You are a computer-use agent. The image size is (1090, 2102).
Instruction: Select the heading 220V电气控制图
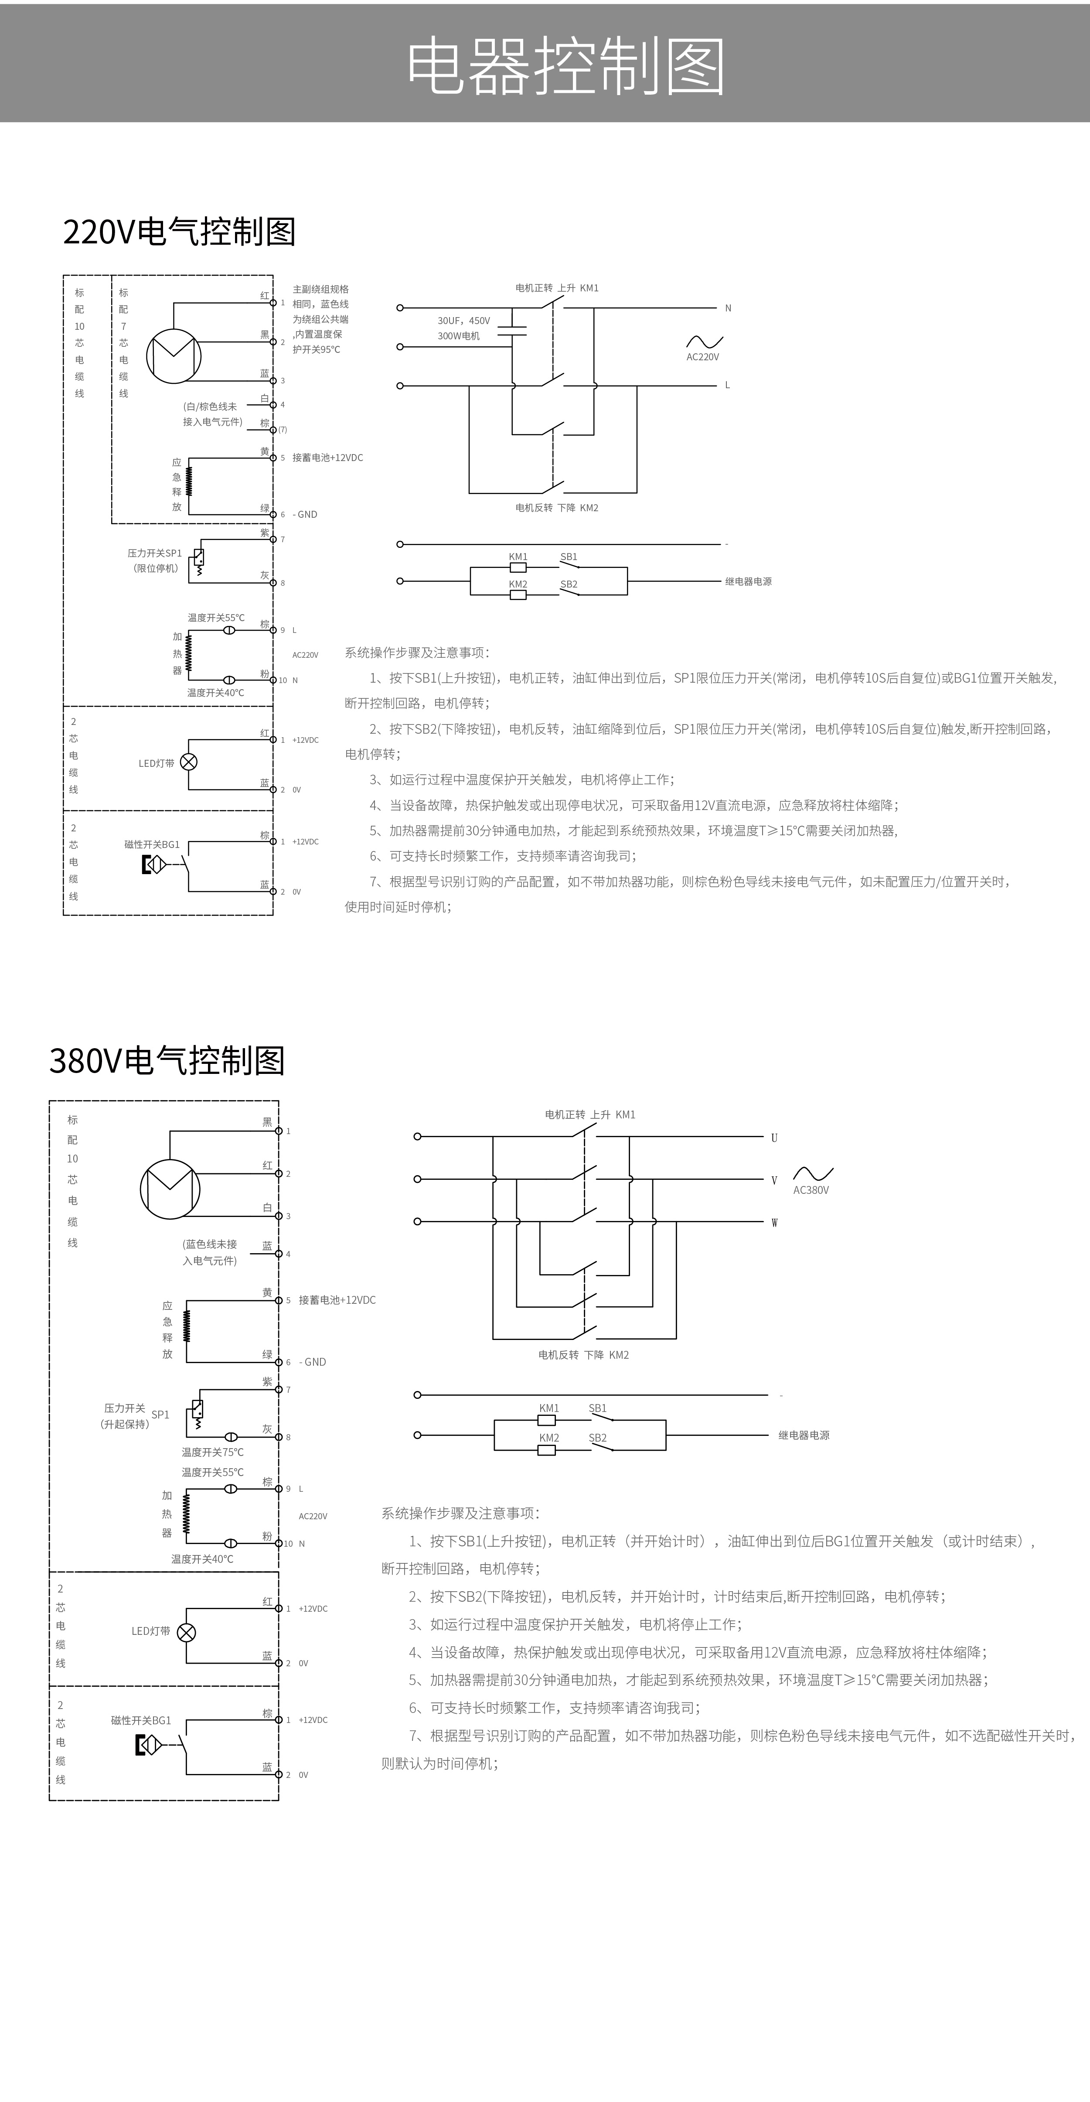pyautogui.click(x=179, y=232)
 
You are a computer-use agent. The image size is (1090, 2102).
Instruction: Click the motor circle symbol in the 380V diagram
pyautogui.click(x=170, y=1189)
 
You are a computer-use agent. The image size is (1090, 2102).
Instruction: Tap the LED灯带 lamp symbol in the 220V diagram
pyautogui.click(x=188, y=762)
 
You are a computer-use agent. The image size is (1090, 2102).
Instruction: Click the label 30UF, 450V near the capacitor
pyautogui.click(x=463, y=321)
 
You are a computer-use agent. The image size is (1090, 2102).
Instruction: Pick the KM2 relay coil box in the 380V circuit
pyautogui.click(x=547, y=1450)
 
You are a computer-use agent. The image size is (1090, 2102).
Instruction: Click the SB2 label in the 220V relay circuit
pyautogui.click(x=569, y=584)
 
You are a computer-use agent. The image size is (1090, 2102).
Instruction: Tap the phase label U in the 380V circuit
pyautogui.click(x=774, y=1138)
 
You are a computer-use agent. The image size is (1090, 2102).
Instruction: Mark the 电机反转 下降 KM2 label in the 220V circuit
pyautogui.click(x=557, y=508)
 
